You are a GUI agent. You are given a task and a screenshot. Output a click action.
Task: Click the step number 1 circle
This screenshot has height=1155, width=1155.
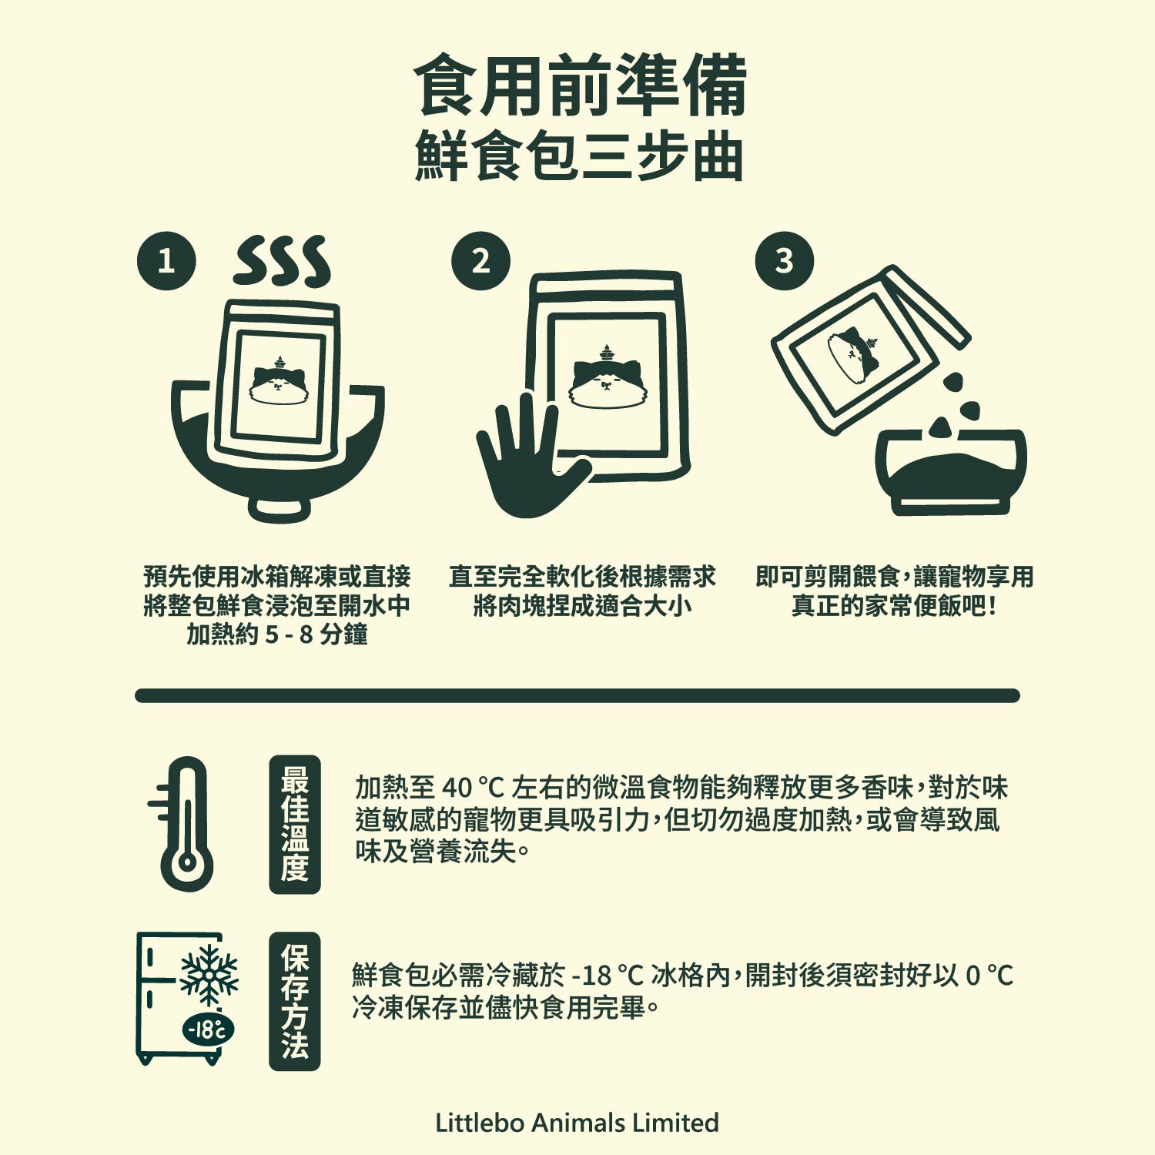point(166,261)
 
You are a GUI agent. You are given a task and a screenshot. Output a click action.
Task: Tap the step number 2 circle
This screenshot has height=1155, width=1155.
point(480,261)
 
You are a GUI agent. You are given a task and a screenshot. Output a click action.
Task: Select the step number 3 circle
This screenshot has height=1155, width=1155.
point(785,261)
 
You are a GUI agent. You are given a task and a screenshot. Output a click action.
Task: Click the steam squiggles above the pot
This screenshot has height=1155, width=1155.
point(283,261)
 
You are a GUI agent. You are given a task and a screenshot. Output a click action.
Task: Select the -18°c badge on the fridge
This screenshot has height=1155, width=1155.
point(208,1029)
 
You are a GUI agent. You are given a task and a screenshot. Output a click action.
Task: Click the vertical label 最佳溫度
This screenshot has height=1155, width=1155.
point(295,824)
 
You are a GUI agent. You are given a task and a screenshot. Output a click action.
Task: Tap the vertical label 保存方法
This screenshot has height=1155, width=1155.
point(295,1001)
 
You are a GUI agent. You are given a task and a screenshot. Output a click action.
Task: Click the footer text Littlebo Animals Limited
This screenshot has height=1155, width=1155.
point(577,1123)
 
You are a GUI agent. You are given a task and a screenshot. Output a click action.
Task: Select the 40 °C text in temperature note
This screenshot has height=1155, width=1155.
point(472,788)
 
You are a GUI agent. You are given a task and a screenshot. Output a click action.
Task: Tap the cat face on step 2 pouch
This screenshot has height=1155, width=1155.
point(608,377)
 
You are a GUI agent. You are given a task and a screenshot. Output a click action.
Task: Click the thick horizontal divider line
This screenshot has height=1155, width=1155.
point(577,695)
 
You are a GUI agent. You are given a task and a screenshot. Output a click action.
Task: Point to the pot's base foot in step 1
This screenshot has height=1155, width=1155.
point(279,510)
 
